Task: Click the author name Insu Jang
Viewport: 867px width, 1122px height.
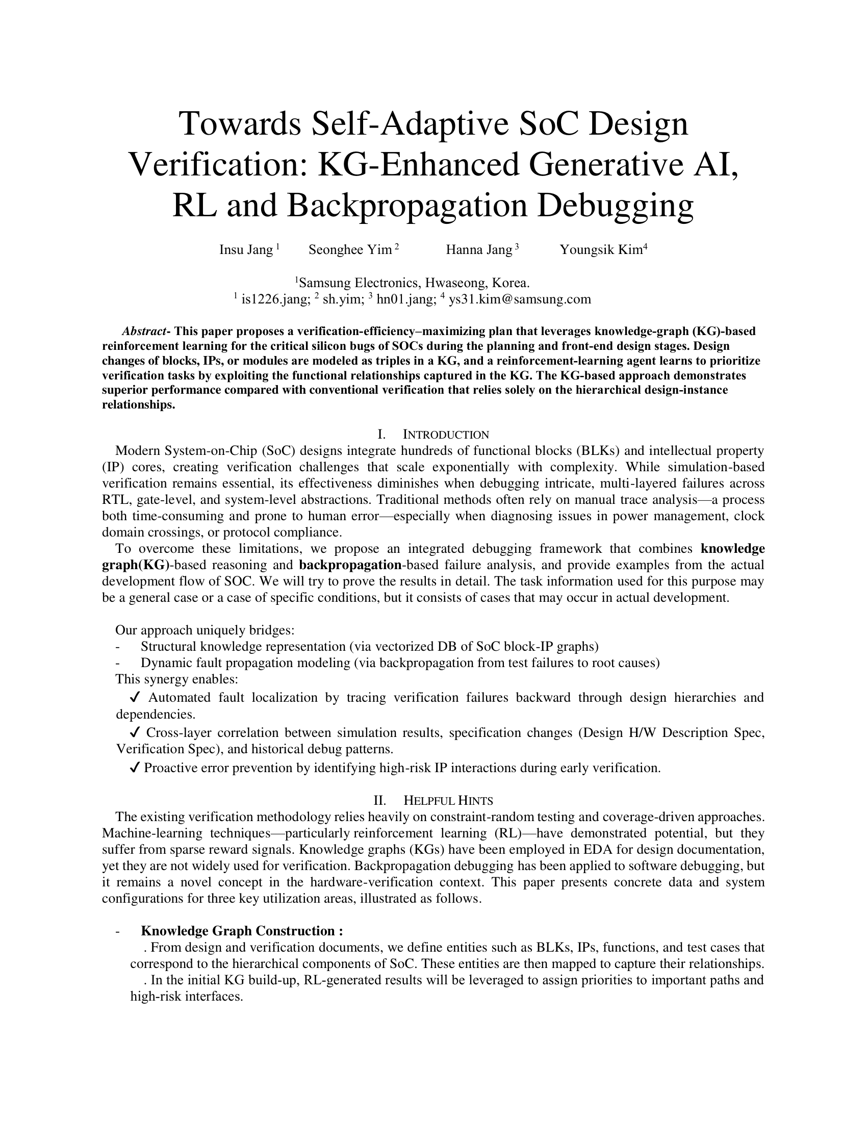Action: (x=246, y=250)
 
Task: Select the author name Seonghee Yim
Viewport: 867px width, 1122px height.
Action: (x=350, y=250)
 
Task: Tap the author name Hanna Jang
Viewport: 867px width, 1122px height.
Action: (x=479, y=250)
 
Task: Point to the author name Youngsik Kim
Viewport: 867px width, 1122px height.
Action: (x=601, y=250)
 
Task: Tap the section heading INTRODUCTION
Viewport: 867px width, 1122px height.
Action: (x=446, y=435)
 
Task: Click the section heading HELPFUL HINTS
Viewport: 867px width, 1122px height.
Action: (x=448, y=800)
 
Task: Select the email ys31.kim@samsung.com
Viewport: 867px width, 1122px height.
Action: (x=520, y=299)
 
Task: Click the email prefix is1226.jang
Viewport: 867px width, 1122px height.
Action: (x=276, y=299)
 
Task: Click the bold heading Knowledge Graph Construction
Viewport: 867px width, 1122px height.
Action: (x=241, y=931)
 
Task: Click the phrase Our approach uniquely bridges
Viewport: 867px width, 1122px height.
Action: (x=205, y=630)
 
